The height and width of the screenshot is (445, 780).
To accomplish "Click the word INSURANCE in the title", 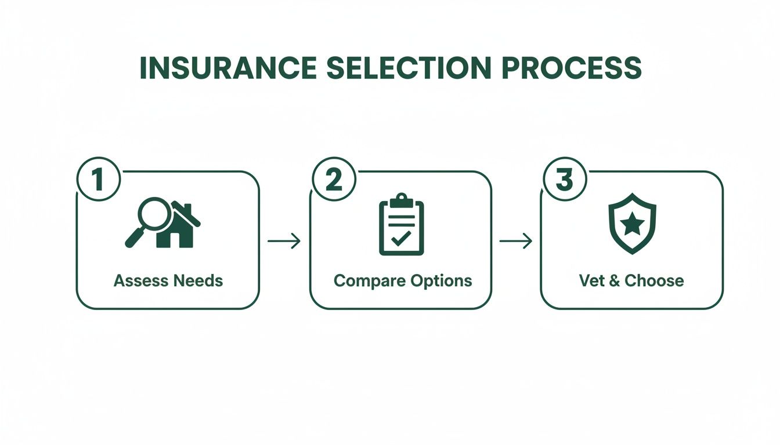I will click(229, 68).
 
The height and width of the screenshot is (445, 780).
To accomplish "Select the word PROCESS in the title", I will click(572, 68).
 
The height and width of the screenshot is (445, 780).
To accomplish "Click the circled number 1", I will click(98, 180).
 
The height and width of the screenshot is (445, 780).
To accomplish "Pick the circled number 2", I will click(334, 180).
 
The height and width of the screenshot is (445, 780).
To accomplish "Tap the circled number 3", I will click(565, 180).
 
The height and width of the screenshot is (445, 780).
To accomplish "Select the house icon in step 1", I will click(180, 227).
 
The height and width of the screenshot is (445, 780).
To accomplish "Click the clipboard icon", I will click(402, 225).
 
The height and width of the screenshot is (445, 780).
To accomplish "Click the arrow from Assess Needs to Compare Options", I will click(284, 241).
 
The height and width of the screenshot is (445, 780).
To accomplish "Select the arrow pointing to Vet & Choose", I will click(516, 241).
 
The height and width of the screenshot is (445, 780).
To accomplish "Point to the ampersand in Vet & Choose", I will click(613, 281).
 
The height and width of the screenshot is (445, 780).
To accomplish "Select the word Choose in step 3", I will click(654, 281).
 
